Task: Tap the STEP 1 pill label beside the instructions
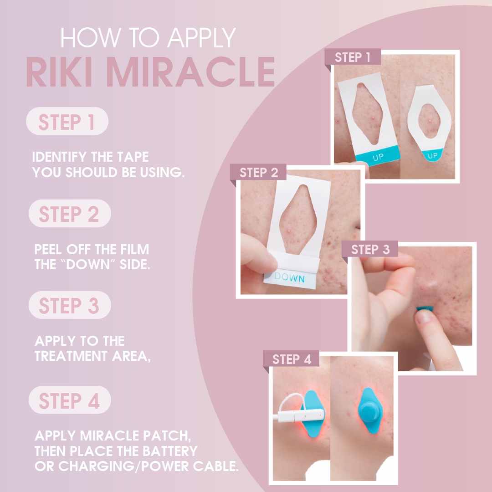point(67,122)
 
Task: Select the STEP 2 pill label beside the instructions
point(69,214)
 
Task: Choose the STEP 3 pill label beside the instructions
point(69,306)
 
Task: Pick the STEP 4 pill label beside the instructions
point(69,400)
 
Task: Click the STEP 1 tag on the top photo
point(353,58)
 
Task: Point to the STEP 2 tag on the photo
point(258,173)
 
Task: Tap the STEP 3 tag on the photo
point(370,250)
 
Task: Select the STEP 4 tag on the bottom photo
point(292,359)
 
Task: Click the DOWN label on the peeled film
point(290,277)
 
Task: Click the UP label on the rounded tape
point(433,156)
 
